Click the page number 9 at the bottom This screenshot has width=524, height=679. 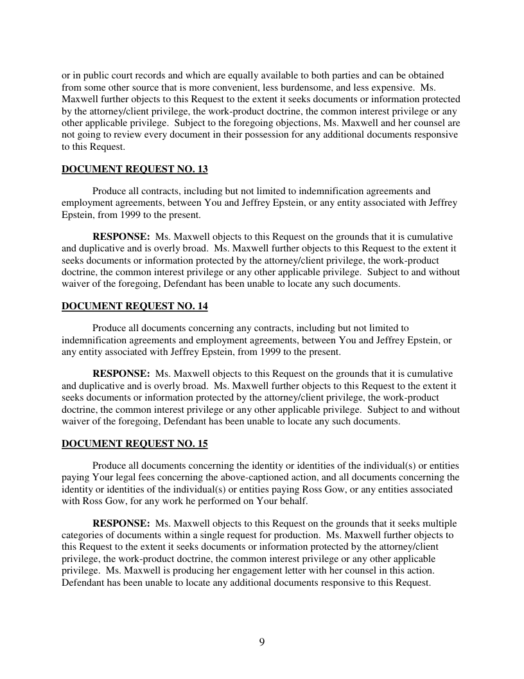[x=262, y=642]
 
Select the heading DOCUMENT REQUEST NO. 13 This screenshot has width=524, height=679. [x=134, y=170]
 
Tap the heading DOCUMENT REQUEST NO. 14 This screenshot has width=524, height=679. [x=134, y=307]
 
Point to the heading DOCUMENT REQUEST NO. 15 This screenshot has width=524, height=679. [x=134, y=444]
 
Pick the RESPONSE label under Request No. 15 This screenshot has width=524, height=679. [x=121, y=523]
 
